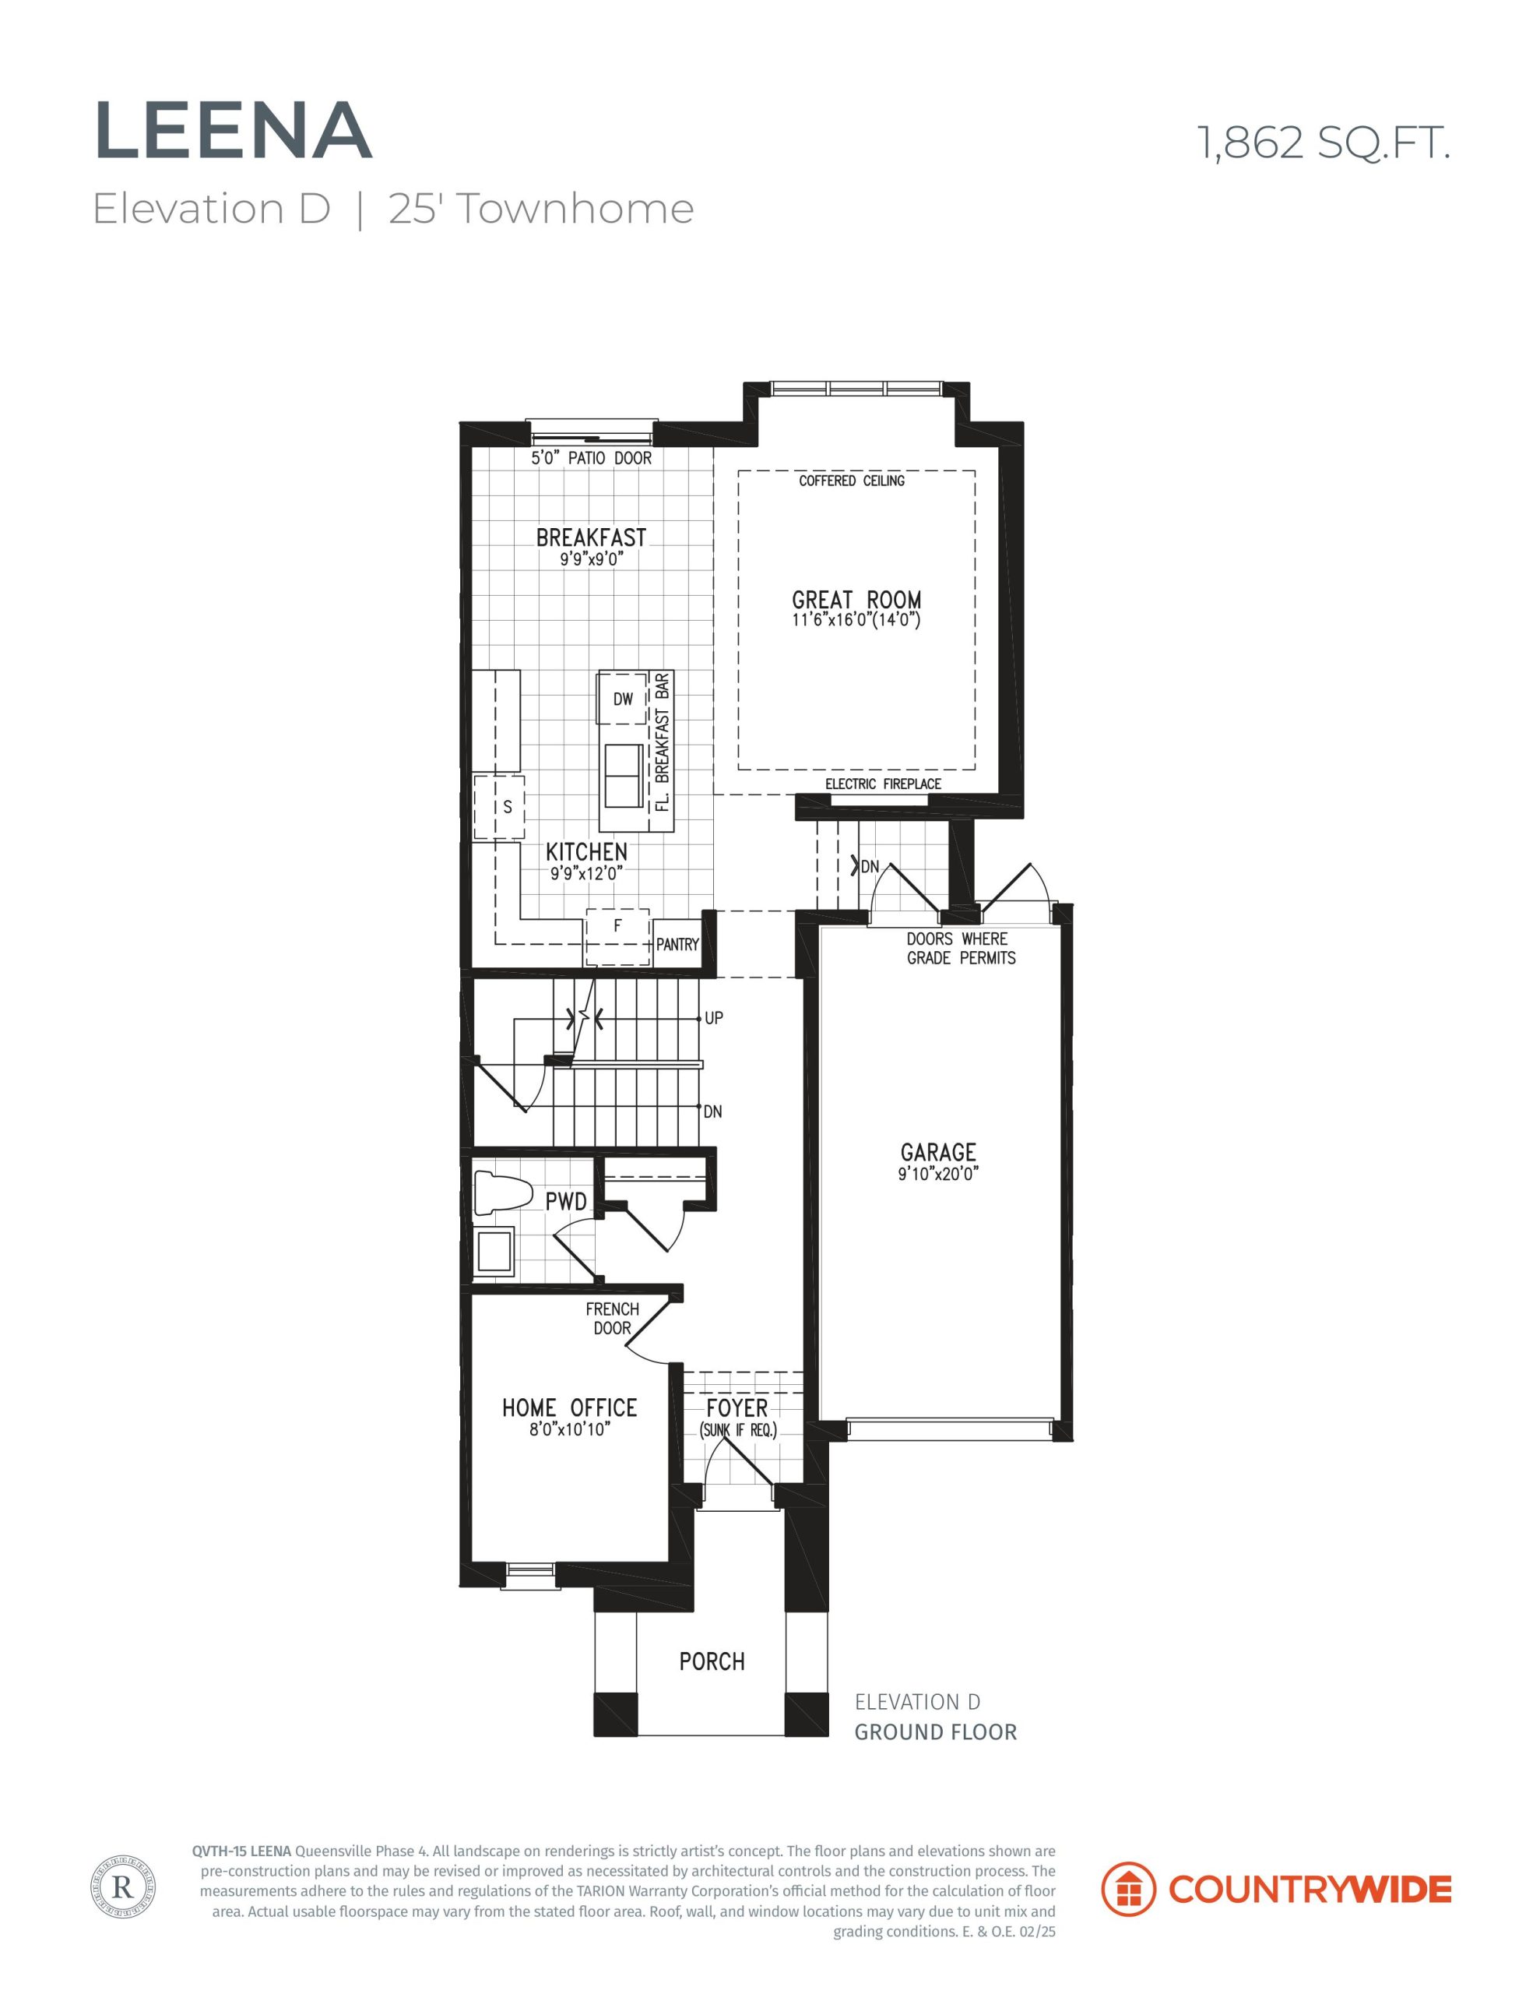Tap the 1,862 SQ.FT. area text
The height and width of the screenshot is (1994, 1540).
pos(1324,143)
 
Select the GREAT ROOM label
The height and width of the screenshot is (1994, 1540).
pos(856,600)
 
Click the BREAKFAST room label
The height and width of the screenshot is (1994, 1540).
pos(591,537)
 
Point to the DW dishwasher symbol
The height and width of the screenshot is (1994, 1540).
pos(623,699)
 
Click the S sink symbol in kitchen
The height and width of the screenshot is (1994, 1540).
pos(499,807)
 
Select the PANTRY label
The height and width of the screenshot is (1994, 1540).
pos(677,945)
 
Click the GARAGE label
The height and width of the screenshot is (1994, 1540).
pos(938,1152)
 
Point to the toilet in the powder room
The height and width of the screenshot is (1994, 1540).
pos(503,1195)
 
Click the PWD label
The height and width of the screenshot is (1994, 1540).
pos(566,1202)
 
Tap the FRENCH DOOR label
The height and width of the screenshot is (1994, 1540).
pos(613,1319)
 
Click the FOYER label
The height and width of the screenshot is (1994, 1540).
pos(737,1407)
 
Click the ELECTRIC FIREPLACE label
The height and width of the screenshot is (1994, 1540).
pos(883,784)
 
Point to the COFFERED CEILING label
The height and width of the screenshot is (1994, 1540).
pos(852,481)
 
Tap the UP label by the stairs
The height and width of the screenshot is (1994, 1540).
pos(714,1017)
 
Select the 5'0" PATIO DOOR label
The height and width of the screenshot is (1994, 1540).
pos(592,457)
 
